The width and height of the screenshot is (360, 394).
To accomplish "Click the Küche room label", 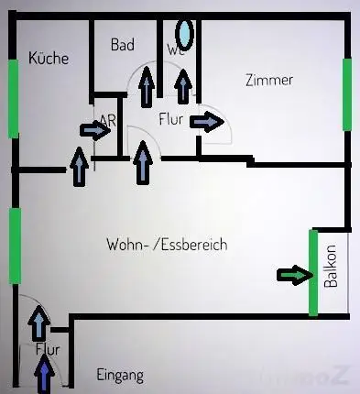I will [49, 59].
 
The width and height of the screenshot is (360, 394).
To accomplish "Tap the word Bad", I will [123, 45].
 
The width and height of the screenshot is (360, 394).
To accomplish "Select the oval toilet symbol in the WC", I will [185, 35].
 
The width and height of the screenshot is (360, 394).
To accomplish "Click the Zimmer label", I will [269, 80].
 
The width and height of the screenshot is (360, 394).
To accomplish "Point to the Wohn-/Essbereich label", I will [167, 245].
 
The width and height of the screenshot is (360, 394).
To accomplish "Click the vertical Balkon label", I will [331, 267].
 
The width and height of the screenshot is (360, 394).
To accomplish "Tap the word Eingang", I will [120, 376].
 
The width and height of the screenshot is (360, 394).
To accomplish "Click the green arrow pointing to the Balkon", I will [294, 274].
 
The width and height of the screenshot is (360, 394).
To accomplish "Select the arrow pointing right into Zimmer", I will [211, 121].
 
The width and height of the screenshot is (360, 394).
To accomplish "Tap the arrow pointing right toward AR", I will [94, 129].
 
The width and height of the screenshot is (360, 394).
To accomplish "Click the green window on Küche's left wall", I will [13, 98].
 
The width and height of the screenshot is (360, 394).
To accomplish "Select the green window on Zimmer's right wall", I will [348, 94].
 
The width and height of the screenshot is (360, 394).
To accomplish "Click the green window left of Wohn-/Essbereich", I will [15, 246].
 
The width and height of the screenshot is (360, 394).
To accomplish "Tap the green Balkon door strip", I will [313, 272].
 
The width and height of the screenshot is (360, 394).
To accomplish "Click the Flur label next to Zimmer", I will [172, 118].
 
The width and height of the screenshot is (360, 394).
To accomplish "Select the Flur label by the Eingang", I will [47, 349].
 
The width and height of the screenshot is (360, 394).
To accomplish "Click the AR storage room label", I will [108, 120].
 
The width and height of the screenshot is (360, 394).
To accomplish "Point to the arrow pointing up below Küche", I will [77, 169].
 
